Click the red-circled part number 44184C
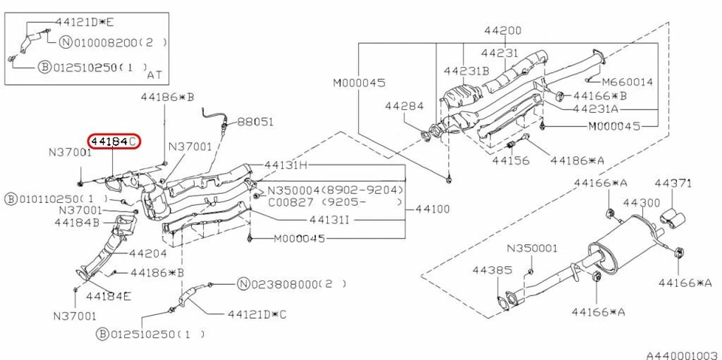click(114, 141)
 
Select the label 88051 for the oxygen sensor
click(256, 121)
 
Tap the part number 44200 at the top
click(502, 32)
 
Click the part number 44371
click(672, 183)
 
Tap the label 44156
click(511, 160)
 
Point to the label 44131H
click(287, 165)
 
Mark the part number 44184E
click(108, 295)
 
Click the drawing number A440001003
click(681, 352)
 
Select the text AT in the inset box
click(154, 75)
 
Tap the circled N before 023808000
click(243, 284)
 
